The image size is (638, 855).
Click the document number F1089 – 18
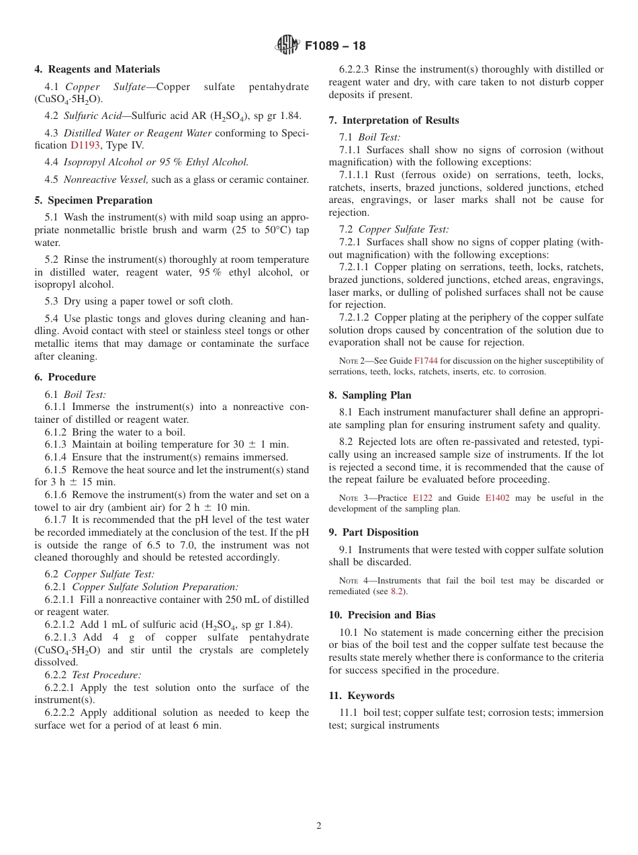pos(335,46)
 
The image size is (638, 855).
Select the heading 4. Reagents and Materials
pos(97,69)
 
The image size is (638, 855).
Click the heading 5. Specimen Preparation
pos(93,200)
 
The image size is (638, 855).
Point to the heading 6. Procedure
pos(65,377)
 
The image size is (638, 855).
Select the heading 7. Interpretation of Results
pos(394,120)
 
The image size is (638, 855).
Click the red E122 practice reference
pos(422,498)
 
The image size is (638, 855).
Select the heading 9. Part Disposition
pos(373,532)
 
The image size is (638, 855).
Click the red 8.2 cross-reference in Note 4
pos(398,592)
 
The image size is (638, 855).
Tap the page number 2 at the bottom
pos(319,826)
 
